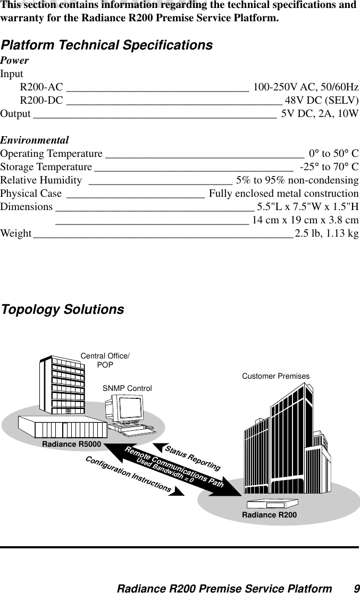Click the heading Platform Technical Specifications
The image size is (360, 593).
coord(106,45)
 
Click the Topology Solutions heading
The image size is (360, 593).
coord(63,310)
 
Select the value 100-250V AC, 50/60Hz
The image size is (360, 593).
coord(306,87)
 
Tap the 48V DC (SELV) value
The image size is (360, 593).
coord(322,101)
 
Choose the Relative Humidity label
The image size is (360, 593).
coord(41,180)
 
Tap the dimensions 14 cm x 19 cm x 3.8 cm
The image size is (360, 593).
coord(305,220)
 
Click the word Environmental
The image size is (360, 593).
coord(35,141)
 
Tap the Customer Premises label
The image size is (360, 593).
coord(275,377)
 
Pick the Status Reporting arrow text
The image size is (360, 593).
coord(192,458)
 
